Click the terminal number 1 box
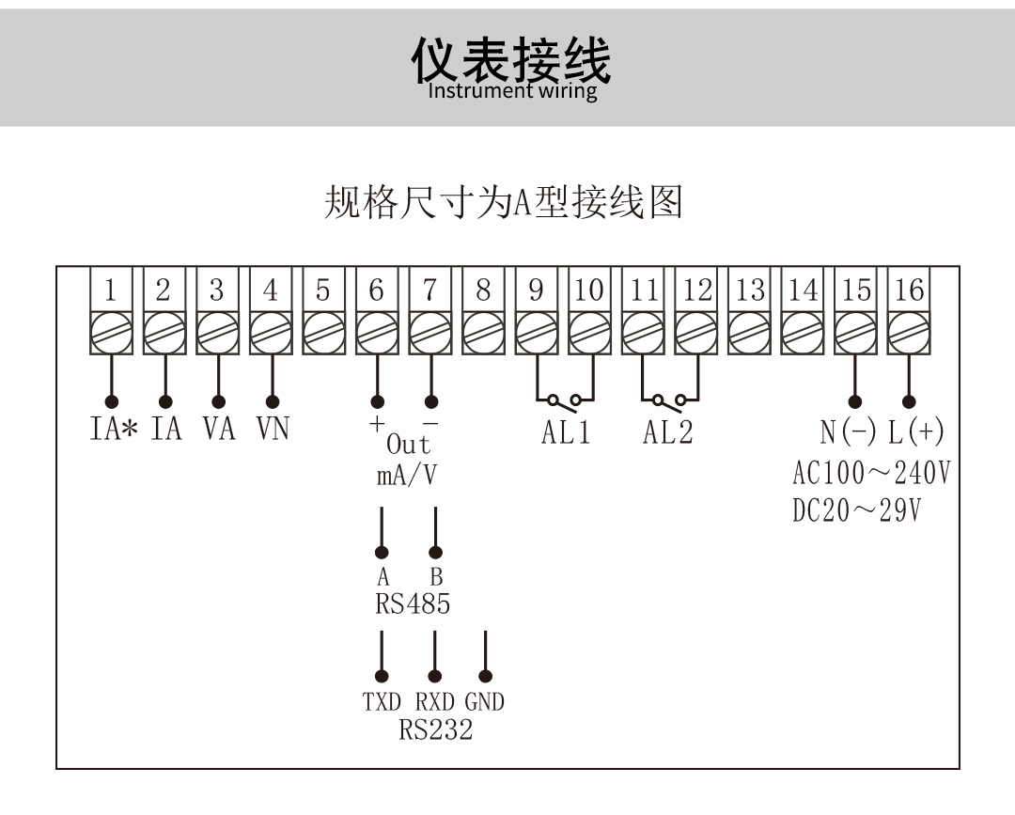[110, 290]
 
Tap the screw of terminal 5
[323, 333]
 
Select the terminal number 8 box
[483, 290]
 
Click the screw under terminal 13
[750, 333]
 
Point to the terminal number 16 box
[909, 290]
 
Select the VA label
[219, 430]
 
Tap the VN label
[273, 430]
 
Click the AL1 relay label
[566, 433]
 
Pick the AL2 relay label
[668, 433]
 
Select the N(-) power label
[848, 432]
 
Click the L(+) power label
[915, 432]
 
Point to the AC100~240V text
[870, 472]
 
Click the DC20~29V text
[856, 511]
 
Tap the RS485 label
[413, 604]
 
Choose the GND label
[485, 702]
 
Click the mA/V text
[407, 476]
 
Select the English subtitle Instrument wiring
[512, 91]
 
